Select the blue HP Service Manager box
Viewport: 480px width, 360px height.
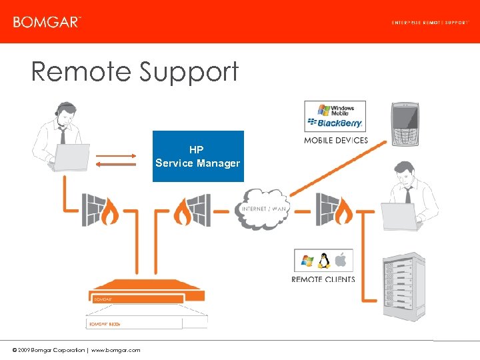(x=198, y=157)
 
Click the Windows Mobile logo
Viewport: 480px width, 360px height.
(x=336, y=110)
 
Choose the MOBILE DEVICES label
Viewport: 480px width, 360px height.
(x=335, y=141)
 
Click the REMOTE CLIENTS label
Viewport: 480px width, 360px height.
(x=323, y=279)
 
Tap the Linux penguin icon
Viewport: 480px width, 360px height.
(x=324, y=261)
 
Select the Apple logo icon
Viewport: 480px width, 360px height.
(x=341, y=260)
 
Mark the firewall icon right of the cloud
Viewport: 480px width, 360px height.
(x=335, y=209)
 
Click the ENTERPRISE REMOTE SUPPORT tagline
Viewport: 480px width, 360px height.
(x=429, y=22)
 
